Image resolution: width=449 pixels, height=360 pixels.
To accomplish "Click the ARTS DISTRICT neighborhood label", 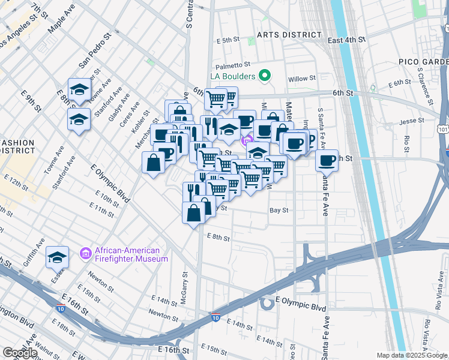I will (x=285, y=35).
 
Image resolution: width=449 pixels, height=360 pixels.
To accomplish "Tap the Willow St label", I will (x=301, y=79).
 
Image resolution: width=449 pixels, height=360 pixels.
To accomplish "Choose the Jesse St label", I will (x=411, y=121).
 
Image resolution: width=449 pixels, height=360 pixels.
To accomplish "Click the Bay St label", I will (x=279, y=211).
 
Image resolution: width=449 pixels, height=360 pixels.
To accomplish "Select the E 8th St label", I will (x=218, y=238).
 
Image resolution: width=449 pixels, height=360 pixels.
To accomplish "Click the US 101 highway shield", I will (x=443, y=129).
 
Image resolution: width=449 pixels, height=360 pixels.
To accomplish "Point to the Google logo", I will (x=20, y=353).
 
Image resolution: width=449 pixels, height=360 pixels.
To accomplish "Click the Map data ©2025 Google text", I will (x=412, y=355).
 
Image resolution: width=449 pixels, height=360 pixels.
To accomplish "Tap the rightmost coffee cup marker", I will (x=327, y=161).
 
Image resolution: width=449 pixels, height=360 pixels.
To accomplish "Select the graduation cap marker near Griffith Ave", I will (x=57, y=257).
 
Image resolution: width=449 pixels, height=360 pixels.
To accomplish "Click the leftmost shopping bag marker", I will (x=154, y=163).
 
